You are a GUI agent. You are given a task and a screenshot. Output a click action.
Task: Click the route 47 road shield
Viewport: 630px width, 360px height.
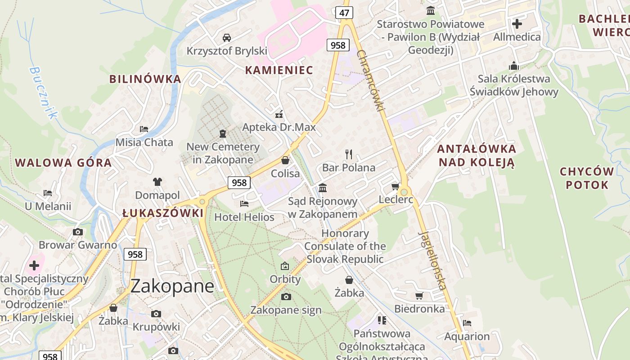pyautogui.click(x=344, y=13)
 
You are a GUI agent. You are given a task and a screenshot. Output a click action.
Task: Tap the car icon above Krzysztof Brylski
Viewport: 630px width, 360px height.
pyautogui.click(x=227, y=37)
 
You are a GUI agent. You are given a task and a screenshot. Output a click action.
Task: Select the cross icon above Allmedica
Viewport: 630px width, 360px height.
pyautogui.click(x=517, y=23)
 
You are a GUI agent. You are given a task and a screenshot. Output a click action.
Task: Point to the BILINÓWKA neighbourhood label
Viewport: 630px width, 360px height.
pyautogui.click(x=145, y=79)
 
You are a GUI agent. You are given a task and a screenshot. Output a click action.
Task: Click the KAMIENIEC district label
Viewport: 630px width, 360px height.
pyautogui.click(x=279, y=70)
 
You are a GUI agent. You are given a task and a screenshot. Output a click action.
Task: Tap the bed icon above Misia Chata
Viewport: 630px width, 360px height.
pyautogui.click(x=144, y=129)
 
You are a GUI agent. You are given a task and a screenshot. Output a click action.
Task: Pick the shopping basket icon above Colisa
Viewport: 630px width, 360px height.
pyautogui.click(x=285, y=160)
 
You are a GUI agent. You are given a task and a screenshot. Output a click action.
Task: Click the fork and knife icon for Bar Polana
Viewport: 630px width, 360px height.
pyautogui.click(x=349, y=154)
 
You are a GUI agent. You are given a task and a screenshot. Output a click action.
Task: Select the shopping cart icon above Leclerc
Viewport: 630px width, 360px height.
pyautogui.click(x=396, y=186)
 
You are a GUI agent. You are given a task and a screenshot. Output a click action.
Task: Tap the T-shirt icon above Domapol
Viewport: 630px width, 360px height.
pyautogui.click(x=157, y=182)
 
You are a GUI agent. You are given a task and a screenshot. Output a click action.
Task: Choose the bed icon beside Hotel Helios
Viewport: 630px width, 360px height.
pyautogui.click(x=244, y=204)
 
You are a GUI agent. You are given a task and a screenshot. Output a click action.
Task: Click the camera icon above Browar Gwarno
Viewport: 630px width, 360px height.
pyautogui.click(x=78, y=232)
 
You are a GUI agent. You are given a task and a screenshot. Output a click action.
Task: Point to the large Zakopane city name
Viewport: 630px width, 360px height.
pyautogui.click(x=172, y=286)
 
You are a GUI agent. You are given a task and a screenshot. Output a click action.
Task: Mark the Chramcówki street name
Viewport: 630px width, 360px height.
pyautogui.click(x=371, y=81)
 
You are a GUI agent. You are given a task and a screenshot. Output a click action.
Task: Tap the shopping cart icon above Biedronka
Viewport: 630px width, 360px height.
pyautogui.click(x=419, y=296)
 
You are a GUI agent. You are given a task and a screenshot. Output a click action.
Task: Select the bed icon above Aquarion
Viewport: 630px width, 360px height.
pyautogui.click(x=467, y=323)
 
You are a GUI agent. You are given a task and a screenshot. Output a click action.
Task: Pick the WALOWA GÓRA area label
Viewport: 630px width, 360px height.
pyautogui.click(x=63, y=162)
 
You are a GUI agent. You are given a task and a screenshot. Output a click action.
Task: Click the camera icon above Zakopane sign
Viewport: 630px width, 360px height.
pyautogui.click(x=286, y=297)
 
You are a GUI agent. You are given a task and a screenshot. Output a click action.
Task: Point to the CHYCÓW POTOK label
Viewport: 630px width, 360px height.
pyautogui.click(x=587, y=178)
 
